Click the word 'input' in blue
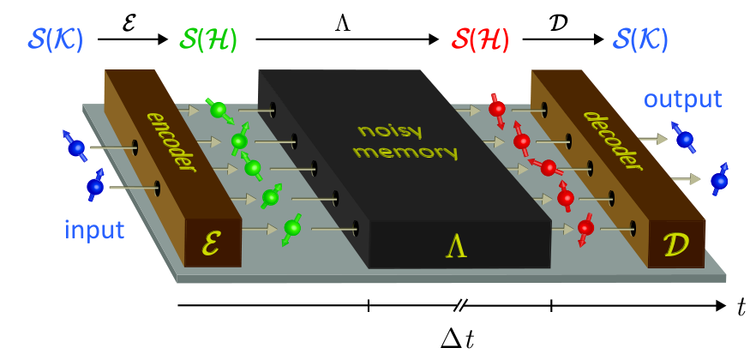pos(94,231)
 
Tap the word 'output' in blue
pos(682,99)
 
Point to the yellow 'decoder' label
pos(613,141)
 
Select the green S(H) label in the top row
pos(208,40)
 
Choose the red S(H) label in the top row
pos(480,40)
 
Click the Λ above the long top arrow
pos(343,24)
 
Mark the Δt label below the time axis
pos(459,339)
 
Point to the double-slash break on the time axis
pos(459,305)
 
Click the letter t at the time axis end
pos(741,309)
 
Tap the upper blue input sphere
pos(76,147)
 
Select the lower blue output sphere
pos(719,181)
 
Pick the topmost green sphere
pos(218,110)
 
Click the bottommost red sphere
pos(585,227)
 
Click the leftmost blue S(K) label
pos(56,40)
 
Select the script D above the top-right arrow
pos(558,23)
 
